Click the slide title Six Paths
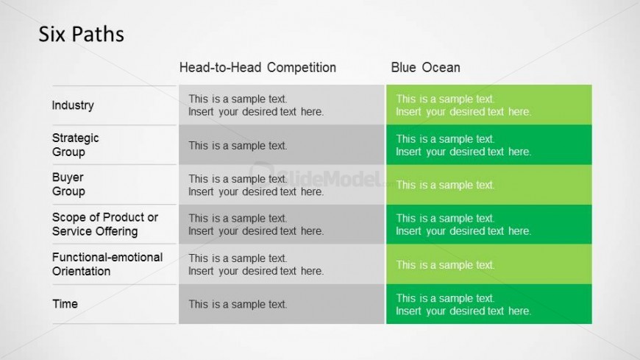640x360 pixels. (81, 34)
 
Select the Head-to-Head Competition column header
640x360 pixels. (257, 68)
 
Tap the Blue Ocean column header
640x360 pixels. (425, 68)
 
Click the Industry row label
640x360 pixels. (73, 105)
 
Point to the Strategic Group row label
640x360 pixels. (76, 144)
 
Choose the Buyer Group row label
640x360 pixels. (68, 184)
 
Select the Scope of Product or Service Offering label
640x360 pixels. (105, 224)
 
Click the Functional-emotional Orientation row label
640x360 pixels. (107, 264)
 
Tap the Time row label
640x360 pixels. (65, 304)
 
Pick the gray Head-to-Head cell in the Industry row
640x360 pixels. (282, 105)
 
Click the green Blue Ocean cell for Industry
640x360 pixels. (489, 105)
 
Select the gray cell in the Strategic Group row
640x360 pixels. (282, 144)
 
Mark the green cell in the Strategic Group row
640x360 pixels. (489, 144)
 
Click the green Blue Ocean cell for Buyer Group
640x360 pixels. (489, 185)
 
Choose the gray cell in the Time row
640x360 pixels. (282, 305)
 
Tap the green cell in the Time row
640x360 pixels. (489, 305)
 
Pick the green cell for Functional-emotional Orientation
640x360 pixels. (489, 264)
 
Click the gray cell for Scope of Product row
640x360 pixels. (282, 225)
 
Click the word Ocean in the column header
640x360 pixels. (441, 68)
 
